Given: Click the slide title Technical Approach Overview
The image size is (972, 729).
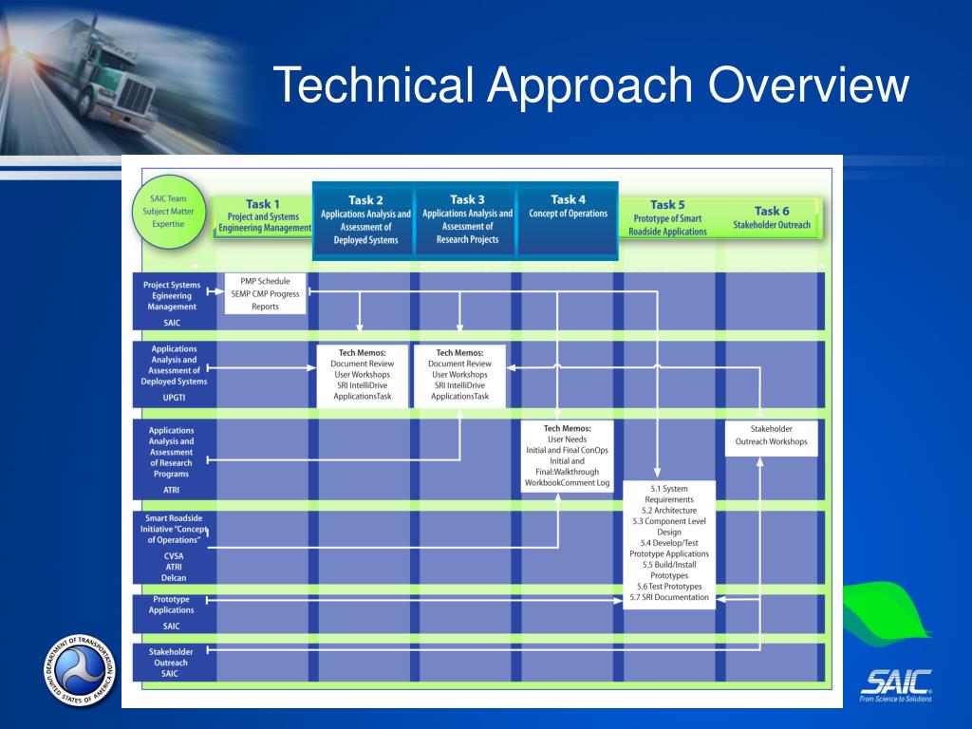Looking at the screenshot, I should coord(590,85).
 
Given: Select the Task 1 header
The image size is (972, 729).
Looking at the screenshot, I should coord(263,216).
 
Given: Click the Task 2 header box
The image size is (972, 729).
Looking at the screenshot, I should coord(365,220).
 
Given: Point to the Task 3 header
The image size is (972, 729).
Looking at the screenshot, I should coord(467,219).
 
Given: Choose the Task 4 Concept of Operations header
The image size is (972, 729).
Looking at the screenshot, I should coord(568,207).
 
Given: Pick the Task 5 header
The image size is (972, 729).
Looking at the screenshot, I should coord(667,217).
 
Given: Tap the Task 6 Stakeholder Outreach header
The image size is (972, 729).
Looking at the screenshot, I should coord(771,217).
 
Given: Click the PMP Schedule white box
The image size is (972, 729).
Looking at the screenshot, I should coord(266,293).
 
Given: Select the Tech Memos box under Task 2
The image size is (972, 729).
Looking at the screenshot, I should coord(362,375).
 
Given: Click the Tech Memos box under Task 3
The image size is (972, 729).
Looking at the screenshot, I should coord(459,375).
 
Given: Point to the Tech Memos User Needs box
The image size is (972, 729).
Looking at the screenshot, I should coord(569,456).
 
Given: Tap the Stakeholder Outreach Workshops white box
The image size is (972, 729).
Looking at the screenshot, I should coord(771,436).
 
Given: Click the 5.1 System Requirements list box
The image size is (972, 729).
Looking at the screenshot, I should coord(668,544).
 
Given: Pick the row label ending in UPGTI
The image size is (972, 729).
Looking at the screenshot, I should coord(172,374).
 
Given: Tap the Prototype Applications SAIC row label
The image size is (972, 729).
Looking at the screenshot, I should coord(172,612).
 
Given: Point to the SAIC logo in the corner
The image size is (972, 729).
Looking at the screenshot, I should coord(895,684).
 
